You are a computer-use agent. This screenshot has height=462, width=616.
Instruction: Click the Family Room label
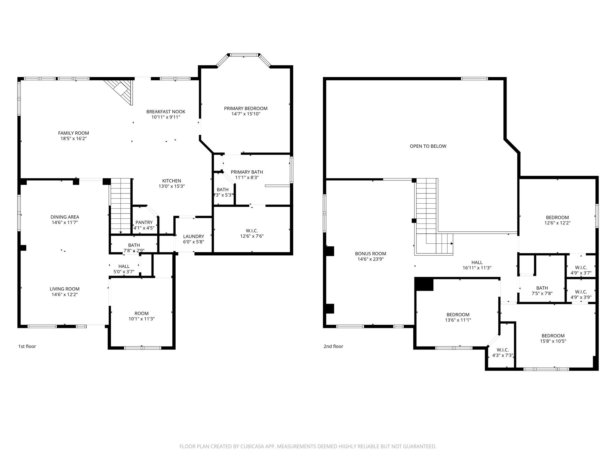(x=73, y=133)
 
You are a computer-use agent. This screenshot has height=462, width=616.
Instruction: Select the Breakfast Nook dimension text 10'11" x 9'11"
(x=166, y=117)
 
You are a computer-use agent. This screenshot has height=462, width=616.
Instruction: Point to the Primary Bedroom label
(x=245, y=109)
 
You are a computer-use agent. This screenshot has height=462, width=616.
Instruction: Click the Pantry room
(x=144, y=223)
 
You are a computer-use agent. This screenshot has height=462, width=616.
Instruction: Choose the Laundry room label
(x=193, y=236)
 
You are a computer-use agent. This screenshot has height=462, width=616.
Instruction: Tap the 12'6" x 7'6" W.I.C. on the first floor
(x=251, y=233)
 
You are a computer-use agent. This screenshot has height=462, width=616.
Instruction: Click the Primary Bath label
(x=247, y=172)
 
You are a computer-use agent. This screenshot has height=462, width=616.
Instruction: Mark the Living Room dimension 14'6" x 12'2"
(x=64, y=294)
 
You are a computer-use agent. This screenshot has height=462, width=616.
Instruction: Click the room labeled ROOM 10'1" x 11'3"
(x=141, y=316)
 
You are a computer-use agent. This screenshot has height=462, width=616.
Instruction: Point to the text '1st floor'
(x=27, y=346)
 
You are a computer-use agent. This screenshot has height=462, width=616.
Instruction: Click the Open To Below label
(x=428, y=146)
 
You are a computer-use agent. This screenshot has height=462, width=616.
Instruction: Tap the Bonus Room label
(x=370, y=254)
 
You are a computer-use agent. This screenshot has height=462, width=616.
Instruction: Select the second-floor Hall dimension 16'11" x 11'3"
(x=477, y=268)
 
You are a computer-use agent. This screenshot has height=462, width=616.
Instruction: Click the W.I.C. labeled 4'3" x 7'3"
(x=502, y=353)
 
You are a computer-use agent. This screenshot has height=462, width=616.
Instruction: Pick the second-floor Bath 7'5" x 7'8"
(x=542, y=291)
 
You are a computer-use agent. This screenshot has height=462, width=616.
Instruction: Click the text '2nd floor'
(x=333, y=346)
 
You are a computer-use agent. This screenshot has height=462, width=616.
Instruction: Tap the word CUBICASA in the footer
(x=252, y=446)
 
